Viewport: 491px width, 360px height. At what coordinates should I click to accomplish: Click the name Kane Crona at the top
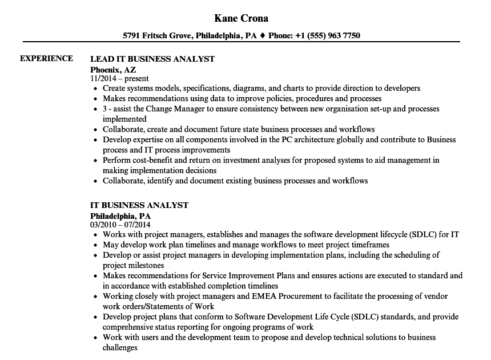tap(242, 18)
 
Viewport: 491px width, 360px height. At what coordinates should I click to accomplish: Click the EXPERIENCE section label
tap(46, 58)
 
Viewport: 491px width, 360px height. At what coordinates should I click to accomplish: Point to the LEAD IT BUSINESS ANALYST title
tap(152, 59)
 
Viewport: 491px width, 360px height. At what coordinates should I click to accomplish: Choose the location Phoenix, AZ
tap(113, 69)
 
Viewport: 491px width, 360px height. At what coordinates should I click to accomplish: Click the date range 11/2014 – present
tap(119, 79)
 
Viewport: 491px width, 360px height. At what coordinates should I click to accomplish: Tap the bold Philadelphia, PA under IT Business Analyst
tap(120, 215)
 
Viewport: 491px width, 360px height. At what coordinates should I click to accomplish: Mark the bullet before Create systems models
tap(95, 89)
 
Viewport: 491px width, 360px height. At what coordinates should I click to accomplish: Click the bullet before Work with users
tap(95, 338)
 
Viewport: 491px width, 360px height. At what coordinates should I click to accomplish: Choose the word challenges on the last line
tap(120, 347)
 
